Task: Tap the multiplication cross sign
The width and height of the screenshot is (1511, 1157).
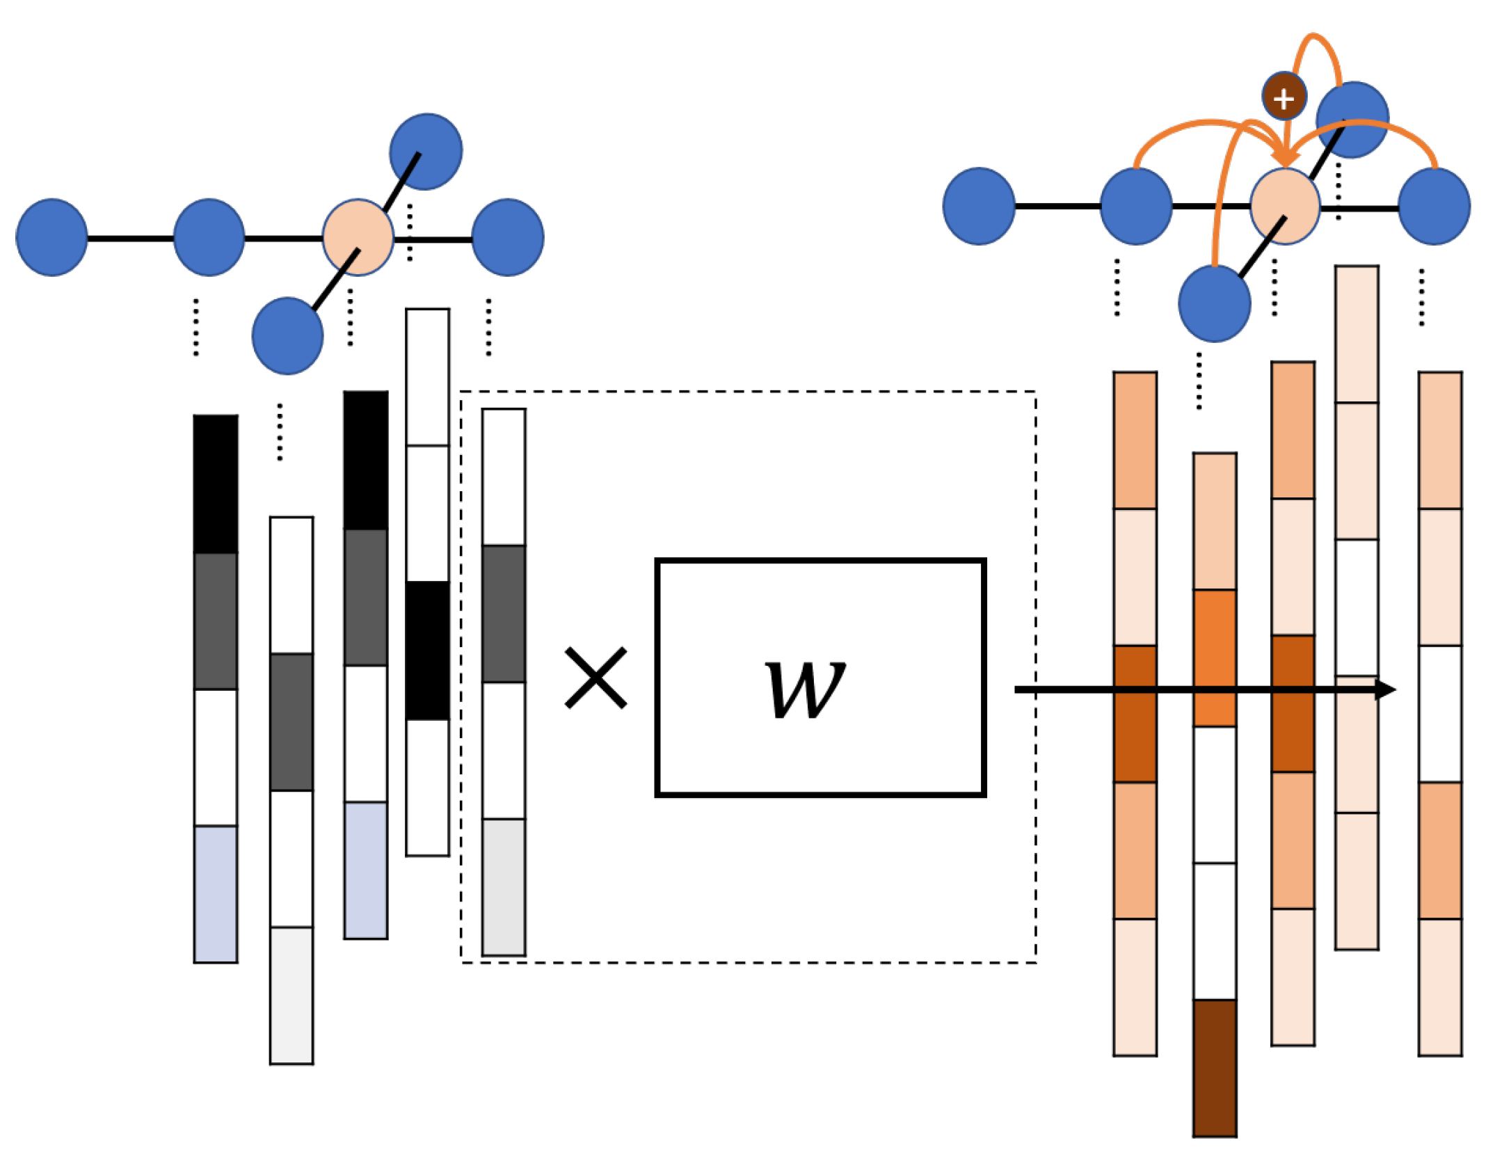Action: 595,677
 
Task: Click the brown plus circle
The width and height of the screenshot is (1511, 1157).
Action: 1284,97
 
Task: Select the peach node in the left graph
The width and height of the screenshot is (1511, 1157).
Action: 358,237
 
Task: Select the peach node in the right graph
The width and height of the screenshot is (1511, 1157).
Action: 1284,206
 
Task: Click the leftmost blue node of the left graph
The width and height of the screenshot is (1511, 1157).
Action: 51,237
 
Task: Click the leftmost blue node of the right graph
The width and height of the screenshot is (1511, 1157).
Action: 979,206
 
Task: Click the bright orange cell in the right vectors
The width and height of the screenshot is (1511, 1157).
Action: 1214,657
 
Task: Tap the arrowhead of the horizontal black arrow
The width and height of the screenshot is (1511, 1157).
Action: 1386,689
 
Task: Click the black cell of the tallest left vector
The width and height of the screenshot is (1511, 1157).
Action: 427,650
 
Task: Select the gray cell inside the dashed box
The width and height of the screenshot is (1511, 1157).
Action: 503,613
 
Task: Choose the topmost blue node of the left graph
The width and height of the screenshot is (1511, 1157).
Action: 426,151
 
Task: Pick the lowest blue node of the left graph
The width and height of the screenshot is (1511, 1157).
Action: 287,335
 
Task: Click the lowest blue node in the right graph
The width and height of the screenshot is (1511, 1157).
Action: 1214,304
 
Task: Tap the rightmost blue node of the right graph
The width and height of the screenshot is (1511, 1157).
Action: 1434,206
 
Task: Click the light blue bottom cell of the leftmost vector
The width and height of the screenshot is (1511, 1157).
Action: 215,893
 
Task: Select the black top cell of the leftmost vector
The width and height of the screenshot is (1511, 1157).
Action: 215,484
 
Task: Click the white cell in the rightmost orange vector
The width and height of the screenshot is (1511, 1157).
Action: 1439,713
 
